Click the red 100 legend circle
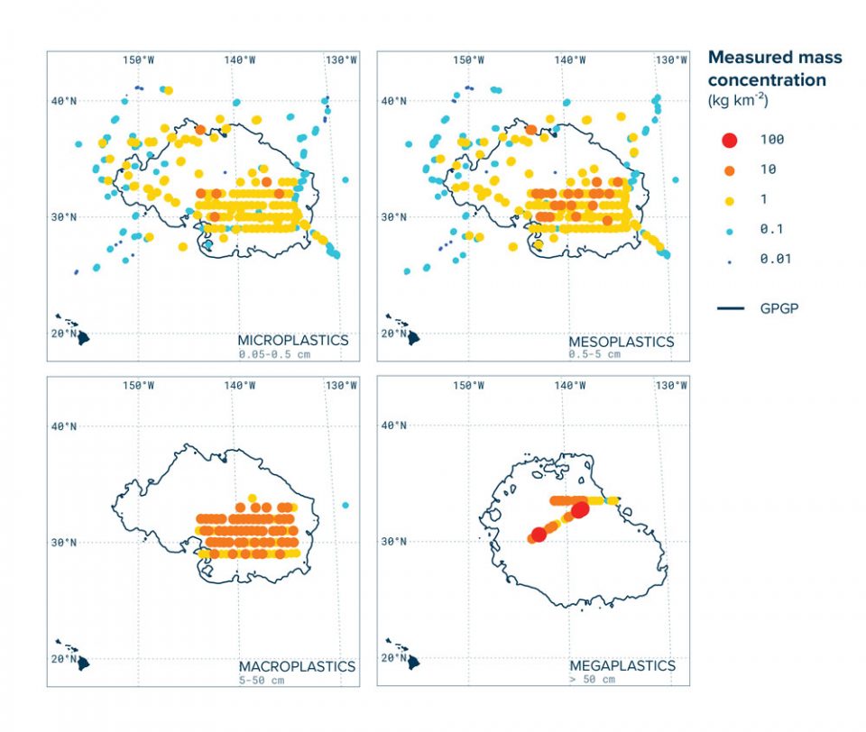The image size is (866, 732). click(730, 140)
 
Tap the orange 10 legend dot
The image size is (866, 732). click(730, 169)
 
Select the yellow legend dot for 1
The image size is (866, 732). click(730, 199)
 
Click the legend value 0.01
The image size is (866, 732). click(773, 260)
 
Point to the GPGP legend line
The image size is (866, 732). click(731, 308)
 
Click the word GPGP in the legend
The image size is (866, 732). click(779, 308)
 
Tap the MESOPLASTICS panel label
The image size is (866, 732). click(622, 343)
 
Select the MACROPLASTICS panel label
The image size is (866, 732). click(296, 666)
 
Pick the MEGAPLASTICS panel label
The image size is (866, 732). click(622, 665)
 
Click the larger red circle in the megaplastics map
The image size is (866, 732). click(580, 509)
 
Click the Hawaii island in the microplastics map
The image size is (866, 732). click(82, 338)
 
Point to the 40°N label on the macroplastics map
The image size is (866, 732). click(64, 425)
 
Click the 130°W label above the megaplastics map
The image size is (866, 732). click(671, 386)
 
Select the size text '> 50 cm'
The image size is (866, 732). click(592, 679)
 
